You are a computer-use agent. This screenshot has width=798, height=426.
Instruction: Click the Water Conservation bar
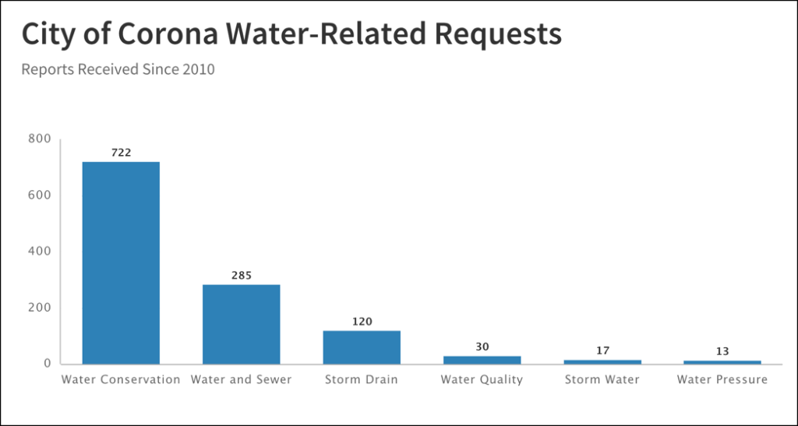[121, 262]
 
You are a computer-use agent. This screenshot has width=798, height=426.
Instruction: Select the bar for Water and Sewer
[241, 324]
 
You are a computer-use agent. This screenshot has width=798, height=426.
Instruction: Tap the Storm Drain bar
[362, 347]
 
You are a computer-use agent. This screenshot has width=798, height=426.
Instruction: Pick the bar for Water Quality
[482, 360]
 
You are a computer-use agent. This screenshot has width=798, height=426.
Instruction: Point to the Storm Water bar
[602, 361]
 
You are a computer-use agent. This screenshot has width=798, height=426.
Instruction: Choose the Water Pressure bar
[722, 362]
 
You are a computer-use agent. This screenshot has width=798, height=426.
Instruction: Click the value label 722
[121, 153]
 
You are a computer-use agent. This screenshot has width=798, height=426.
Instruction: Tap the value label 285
[242, 276]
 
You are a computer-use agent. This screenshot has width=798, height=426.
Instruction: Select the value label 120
[362, 322]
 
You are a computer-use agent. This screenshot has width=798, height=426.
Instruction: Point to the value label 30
[482, 347]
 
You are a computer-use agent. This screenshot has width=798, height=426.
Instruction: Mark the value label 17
[602, 350]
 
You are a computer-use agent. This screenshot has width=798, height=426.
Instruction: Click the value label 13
[722, 351]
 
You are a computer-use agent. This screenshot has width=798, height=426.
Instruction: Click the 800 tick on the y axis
[40, 139]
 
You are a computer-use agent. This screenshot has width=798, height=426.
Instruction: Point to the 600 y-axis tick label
[40, 195]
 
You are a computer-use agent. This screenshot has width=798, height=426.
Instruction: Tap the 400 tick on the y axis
[40, 252]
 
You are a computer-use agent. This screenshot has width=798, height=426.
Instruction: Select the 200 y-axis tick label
[40, 308]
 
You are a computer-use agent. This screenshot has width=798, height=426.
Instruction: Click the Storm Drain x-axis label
[362, 380]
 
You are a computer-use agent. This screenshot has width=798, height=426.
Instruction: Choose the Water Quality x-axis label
[482, 380]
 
